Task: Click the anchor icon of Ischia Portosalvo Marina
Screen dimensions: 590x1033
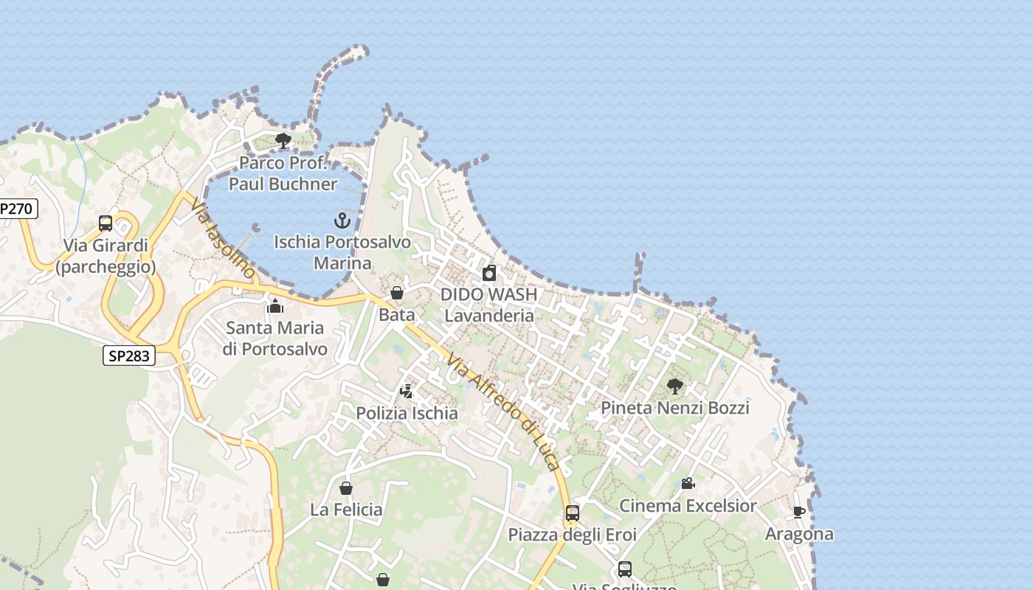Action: click(x=342, y=220)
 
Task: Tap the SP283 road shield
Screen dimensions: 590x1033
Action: click(x=128, y=356)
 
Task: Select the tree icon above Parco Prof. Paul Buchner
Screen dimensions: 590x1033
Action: click(x=283, y=140)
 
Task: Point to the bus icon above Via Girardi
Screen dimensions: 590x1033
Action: click(x=106, y=223)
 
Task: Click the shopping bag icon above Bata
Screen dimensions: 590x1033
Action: click(x=397, y=293)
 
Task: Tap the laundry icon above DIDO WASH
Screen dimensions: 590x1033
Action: click(x=489, y=274)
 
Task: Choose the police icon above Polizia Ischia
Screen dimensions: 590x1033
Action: click(x=407, y=391)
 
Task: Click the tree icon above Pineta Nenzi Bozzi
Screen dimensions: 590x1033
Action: click(x=674, y=386)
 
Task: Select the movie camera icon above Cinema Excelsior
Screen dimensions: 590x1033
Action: click(x=688, y=484)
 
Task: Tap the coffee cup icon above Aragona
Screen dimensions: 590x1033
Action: click(x=799, y=512)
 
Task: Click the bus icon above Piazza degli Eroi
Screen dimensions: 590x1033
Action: click(x=573, y=513)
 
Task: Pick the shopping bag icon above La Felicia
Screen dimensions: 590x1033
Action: click(x=345, y=488)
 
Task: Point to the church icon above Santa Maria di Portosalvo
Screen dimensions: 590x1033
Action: click(x=275, y=305)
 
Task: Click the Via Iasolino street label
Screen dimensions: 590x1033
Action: click(x=223, y=237)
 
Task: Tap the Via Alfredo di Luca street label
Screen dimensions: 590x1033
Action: click(x=503, y=412)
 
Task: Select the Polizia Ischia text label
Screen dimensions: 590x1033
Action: click(x=407, y=413)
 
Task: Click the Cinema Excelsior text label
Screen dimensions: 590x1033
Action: click(x=688, y=506)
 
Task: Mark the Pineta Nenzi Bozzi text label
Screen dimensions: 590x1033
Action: click(x=674, y=408)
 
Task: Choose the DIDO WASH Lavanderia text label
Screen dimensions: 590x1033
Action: click(x=488, y=305)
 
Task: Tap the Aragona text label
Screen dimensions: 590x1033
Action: click(x=799, y=534)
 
